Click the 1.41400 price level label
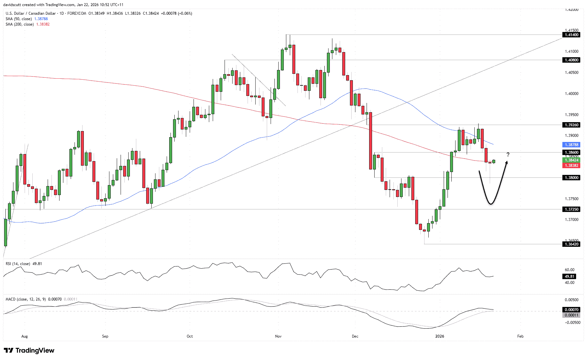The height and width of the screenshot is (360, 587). pos(571,35)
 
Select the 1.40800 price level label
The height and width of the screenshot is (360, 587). pos(571,60)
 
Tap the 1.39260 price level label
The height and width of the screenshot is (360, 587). pos(571,125)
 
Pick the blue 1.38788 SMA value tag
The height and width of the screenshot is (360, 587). pos(571,145)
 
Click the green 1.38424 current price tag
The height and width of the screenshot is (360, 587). pos(571,160)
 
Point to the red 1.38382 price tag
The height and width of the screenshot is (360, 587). pos(571,166)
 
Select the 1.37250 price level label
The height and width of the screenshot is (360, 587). pos(571,209)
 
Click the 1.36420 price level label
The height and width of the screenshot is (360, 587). pos(571,244)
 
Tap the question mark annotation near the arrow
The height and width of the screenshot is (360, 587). pos(508,155)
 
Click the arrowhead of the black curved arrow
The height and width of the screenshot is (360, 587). pos(506,163)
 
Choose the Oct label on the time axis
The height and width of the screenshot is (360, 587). pos(190,336)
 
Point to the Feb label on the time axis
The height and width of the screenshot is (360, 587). pos(520,336)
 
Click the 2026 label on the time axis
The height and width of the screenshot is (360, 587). pos(440,336)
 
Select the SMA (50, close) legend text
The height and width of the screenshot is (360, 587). pos(19,19)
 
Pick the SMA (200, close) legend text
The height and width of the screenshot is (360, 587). pos(20,24)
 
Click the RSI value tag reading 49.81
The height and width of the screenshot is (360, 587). pos(569,277)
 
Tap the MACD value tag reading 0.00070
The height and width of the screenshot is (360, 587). pos(571,310)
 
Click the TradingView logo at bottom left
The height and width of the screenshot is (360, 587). pos(29,350)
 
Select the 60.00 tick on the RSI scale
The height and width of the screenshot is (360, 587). pos(569,270)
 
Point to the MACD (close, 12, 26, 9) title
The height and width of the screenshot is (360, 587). pos(26,299)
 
